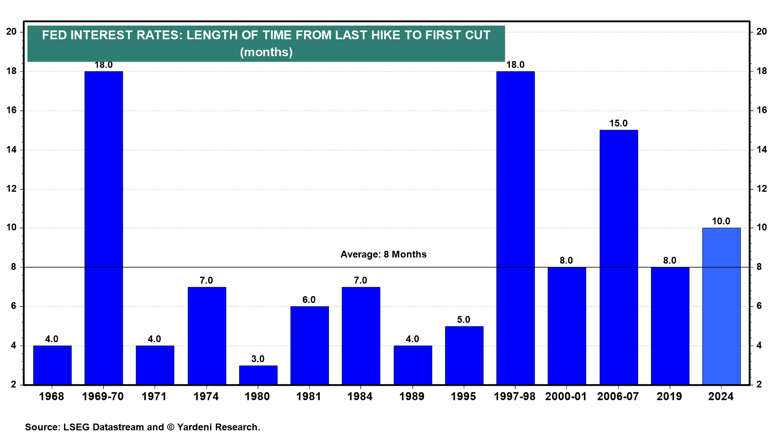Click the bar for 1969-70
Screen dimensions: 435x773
(x=103, y=228)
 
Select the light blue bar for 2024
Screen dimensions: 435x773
(x=721, y=306)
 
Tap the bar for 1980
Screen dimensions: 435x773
(x=258, y=375)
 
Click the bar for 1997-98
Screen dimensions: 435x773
(x=515, y=228)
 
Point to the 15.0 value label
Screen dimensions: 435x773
(x=618, y=123)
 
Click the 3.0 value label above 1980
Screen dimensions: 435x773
(x=258, y=359)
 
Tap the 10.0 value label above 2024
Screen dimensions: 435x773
(x=721, y=221)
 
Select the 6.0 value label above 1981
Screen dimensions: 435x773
(x=309, y=300)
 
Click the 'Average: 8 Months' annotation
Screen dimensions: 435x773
(x=383, y=255)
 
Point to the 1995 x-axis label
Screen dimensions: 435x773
(x=463, y=397)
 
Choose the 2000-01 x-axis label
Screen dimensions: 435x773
(x=566, y=397)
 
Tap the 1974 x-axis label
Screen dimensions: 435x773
(x=206, y=397)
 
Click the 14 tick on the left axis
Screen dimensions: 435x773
(x=12, y=150)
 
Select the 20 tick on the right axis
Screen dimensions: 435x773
(x=761, y=31)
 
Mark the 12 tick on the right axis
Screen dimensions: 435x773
(x=761, y=189)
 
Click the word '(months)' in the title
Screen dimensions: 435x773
(x=266, y=52)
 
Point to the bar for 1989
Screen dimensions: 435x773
(x=413, y=365)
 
